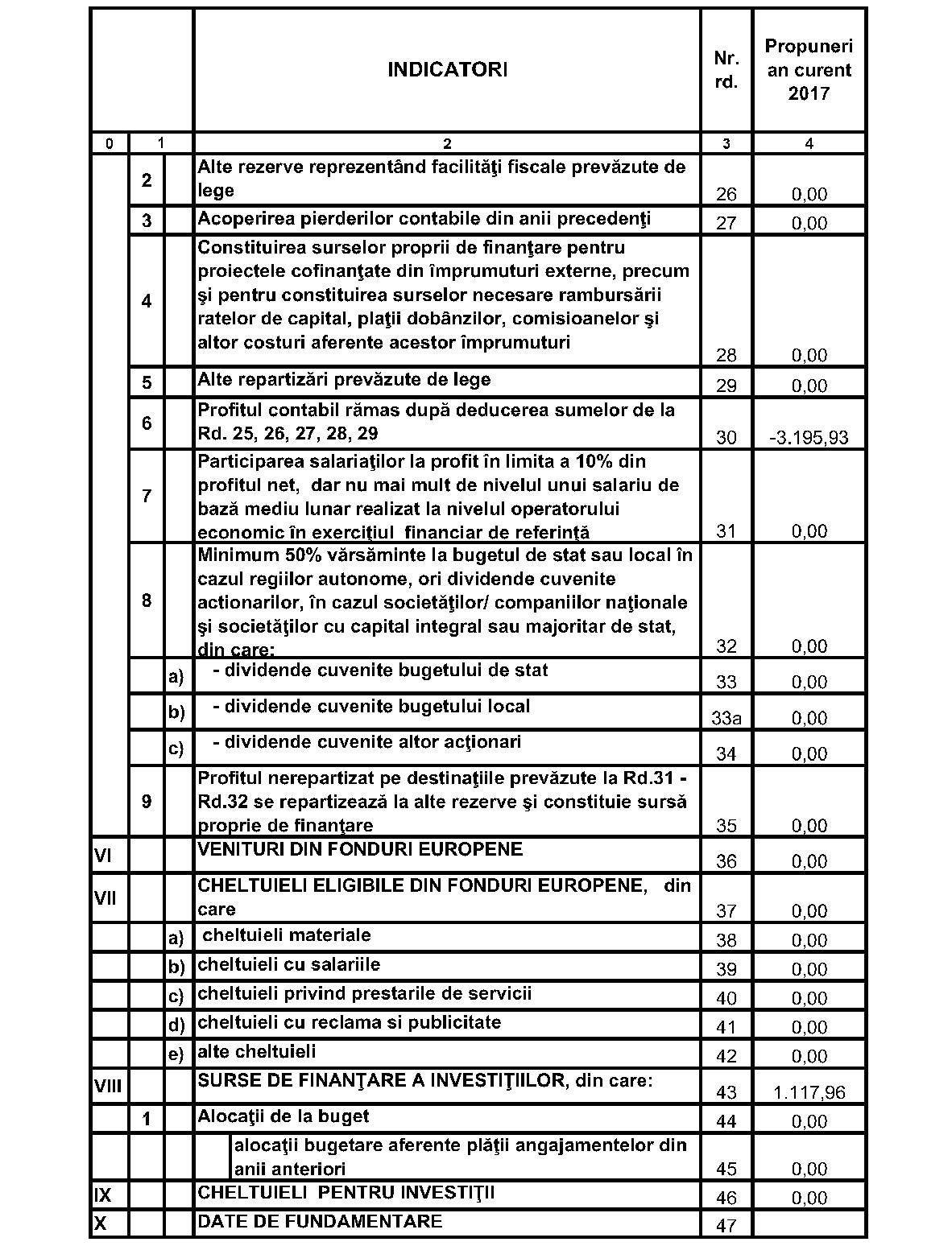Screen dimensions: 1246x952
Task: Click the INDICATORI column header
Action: pos(447,70)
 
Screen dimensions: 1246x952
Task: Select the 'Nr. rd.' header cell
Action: pos(726,70)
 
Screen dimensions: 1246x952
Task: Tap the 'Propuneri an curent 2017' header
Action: pos(809,70)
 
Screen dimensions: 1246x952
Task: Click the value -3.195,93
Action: pos(809,438)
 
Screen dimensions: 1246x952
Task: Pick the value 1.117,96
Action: pos(809,1092)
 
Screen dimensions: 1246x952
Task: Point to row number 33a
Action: pos(726,718)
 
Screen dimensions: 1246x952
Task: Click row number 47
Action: pos(726,1227)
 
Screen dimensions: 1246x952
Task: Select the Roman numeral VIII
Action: pos(108,1087)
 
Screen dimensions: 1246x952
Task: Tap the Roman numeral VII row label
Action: pos(106,896)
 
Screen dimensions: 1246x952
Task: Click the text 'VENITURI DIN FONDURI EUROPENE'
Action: pos(360,849)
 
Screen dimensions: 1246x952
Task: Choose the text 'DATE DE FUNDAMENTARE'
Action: pos(320,1221)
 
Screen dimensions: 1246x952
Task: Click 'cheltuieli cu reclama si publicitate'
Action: pos(350,1022)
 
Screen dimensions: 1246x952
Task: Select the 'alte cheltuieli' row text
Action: pos(257,1051)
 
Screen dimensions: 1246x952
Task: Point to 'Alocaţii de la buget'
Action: pos(284,1116)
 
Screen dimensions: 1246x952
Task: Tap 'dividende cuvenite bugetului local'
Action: pos(371,706)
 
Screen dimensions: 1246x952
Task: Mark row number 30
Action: pos(726,438)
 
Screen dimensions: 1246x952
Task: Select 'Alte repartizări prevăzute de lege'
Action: pos(344,379)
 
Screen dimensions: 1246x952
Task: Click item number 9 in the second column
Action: pos(146,802)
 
